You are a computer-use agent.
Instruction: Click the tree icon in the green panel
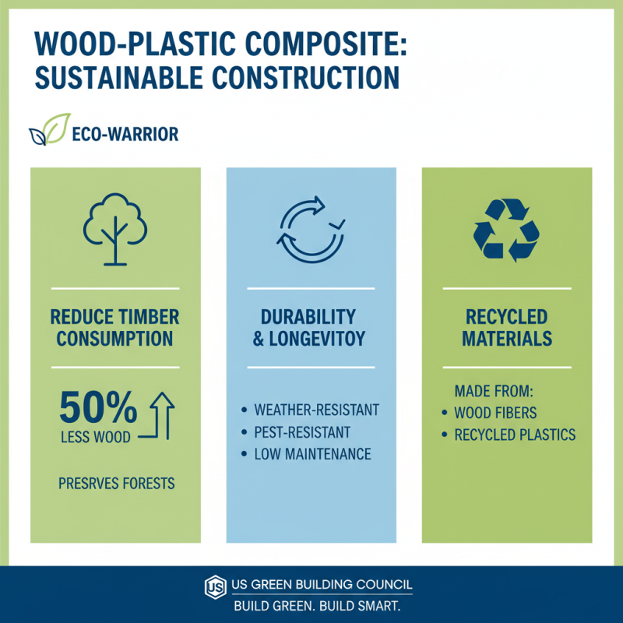pyautogui.click(x=114, y=228)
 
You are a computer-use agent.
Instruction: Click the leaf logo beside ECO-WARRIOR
pyautogui.click(x=48, y=131)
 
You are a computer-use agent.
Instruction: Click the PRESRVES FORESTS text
pyautogui.click(x=117, y=484)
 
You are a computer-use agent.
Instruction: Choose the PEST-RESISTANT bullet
pyautogui.click(x=302, y=431)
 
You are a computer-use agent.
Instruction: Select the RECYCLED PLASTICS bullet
pyautogui.click(x=515, y=434)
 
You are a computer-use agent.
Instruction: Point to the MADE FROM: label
pyautogui.click(x=491, y=390)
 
